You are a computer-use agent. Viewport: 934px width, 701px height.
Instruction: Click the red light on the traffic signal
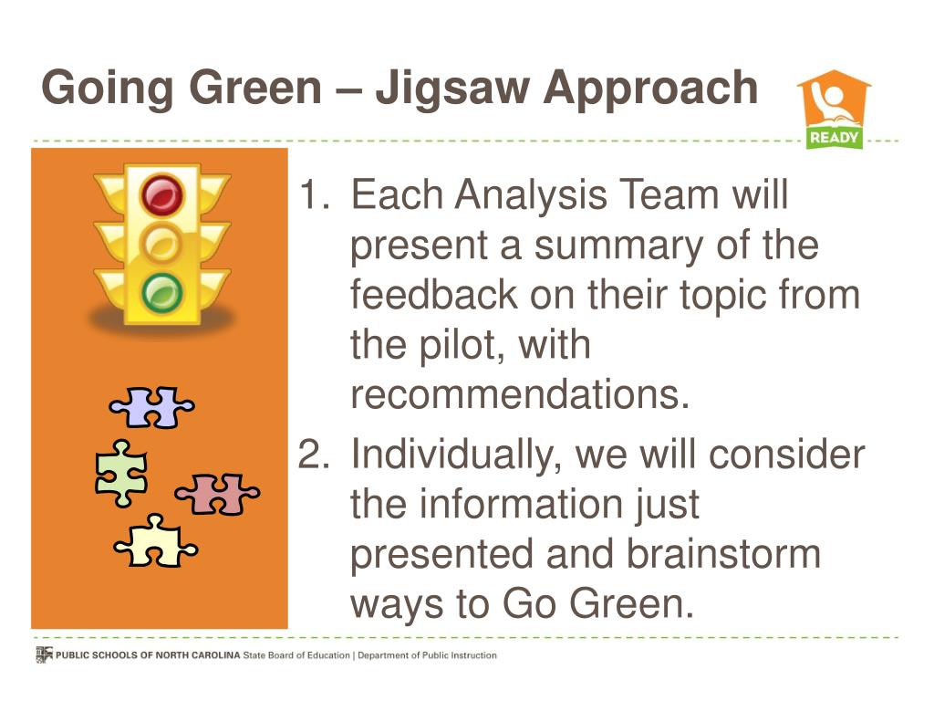coord(162,194)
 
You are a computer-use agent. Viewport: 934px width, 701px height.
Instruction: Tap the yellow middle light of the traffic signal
coord(161,243)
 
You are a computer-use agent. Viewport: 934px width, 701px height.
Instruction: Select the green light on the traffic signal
coord(161,292)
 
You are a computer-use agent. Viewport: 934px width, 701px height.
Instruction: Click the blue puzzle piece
coord(151,407)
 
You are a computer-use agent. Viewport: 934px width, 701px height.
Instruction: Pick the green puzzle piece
coord(121,474)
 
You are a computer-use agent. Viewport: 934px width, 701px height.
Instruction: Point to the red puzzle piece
coord(217,494)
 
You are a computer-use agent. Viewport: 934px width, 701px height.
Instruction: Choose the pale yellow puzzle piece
coord(155,540)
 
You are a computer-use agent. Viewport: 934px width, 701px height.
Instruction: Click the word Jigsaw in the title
coord(452,89)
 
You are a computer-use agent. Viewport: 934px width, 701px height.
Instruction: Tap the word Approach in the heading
coord(649,89)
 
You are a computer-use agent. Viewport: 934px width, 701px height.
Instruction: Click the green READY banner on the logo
coord(834,137)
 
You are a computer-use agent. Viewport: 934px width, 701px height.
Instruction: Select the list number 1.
coord(315,194)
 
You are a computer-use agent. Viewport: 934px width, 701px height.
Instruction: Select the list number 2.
coord(314,455)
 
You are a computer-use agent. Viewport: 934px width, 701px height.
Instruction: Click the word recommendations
coord(520,394)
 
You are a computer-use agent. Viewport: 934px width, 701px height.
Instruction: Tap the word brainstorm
coord(723,554)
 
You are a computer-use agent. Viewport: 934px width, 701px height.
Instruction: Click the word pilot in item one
coord(458,347)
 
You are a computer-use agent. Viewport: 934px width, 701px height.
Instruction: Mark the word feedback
coord(433,295)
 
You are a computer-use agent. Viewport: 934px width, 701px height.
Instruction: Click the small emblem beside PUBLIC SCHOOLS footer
coord(44,654)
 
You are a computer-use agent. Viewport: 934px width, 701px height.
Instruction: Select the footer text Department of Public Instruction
coord(427,655)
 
